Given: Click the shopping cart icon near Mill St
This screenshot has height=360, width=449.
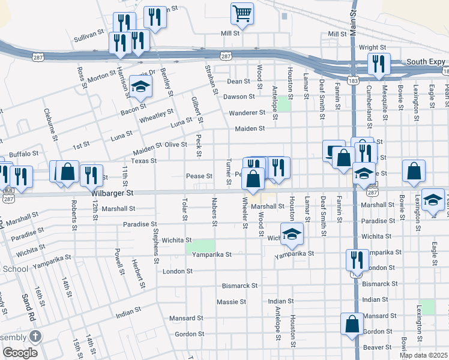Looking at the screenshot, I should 242,13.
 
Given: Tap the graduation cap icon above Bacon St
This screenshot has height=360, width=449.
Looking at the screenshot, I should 140,87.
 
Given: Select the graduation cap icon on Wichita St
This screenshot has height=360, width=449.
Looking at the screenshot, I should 292,233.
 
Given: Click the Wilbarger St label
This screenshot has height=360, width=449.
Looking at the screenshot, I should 112,193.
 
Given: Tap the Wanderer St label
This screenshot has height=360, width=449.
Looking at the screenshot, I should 247,113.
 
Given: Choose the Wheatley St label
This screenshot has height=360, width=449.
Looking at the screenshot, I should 156,116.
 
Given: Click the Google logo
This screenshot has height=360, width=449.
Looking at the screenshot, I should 20,353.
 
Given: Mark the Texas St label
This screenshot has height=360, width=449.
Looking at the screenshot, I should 144,161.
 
